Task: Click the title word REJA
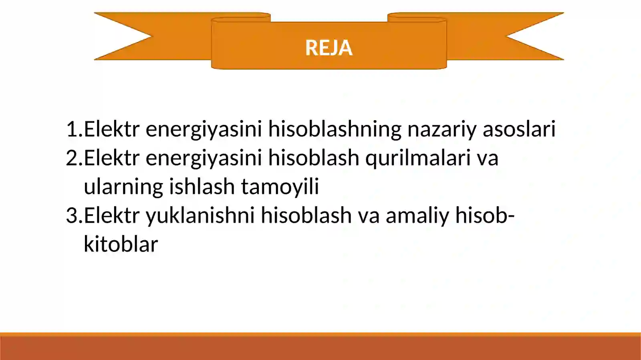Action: (x=329, y=48)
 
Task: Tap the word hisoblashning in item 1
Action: (x=335, y=129)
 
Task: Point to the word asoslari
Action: (x=519, y=129)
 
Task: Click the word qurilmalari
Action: (x=417, y=158)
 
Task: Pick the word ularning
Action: (x=123, y=187)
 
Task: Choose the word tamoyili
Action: (x=280, y=187)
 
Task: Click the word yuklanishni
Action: (x=200, y=215)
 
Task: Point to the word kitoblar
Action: (x=121, y=244)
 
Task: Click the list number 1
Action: (x=72, y=129)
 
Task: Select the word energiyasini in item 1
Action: (x=204, y=129)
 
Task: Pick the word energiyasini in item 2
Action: (x=204, y=158)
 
